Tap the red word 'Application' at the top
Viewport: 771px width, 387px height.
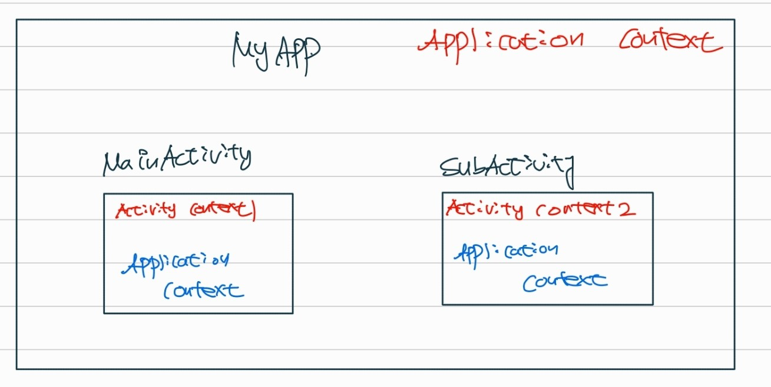pos(501,41)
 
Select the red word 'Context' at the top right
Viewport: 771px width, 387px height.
pos(670,41)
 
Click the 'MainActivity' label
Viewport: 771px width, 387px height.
pos(177,160)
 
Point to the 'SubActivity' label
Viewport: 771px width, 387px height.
pos(507,167)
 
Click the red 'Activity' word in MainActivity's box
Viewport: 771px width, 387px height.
pos(145,210)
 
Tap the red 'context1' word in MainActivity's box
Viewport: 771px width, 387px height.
pos(223,210)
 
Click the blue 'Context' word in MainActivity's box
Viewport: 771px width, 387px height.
pos(203,290)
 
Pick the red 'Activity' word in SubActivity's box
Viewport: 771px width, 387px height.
pos(484,209)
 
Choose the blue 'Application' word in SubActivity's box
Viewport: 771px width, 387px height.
pos(505,252)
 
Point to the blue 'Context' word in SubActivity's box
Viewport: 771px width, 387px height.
pos(564,281)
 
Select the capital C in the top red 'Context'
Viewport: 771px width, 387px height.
pos(629,41)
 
